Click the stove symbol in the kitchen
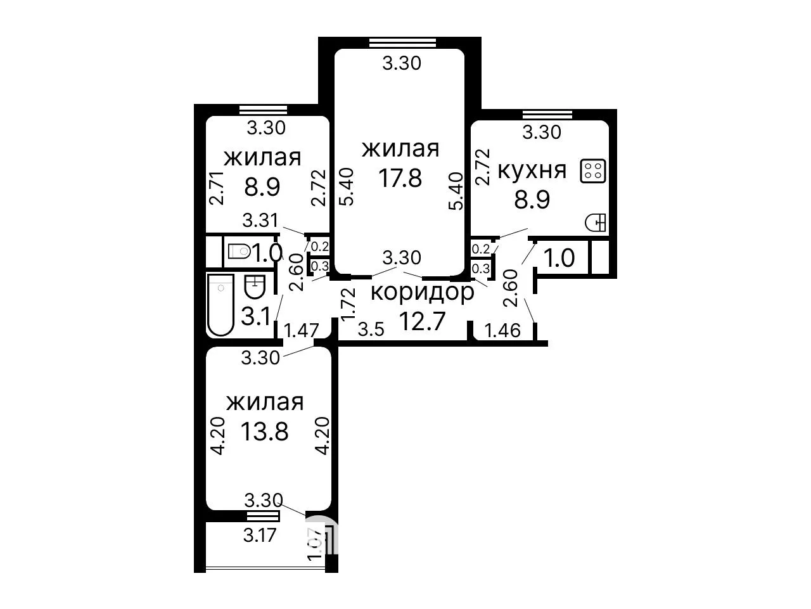pyautogui.click(x=592, y=170)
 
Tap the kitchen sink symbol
pyautogui.click(x=595, y=222)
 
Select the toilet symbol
pyautogui.click(x=239, y=252)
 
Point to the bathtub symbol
pyautogui.click(x=220, y=305)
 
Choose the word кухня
pyautogui.click(x=532, y=171)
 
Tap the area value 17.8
pyautogui.click(x=400, y=178)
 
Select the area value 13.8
pyautogui.click(x=264, y=432)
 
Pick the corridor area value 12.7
pyautogui.click(x=423, y=321)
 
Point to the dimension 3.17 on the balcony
pyautogui.click(x=260, y=535)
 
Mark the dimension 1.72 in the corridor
pyautogui.click(x=348, y=304)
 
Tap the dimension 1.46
pyautogui.click(x=502, y=330)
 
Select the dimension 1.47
pyautogui.click(x=301, y=330)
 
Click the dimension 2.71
pyautogui.click(x=217, y=188)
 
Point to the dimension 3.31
pyautogui.click(x=260, y=221)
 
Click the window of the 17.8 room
pyautogui.click(x=402, y=42)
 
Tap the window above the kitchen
pyautogui.click(x=547, y=114)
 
